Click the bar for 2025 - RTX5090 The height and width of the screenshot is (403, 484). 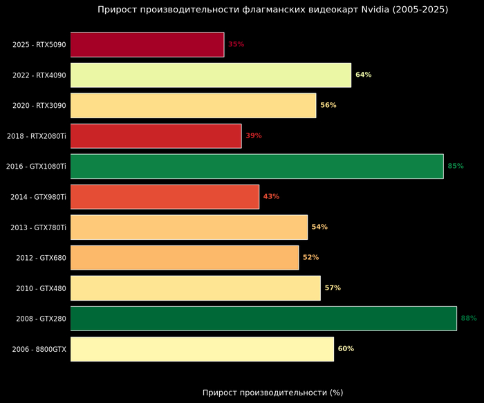pos(147,44)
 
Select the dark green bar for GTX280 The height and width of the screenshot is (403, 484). pos(263,318)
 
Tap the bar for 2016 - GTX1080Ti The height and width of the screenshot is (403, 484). pos(257,166)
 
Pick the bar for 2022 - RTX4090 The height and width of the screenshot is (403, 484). pos(211,75)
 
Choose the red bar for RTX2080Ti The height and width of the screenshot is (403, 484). pos(156,135)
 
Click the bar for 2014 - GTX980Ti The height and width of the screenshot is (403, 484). pos(165,196)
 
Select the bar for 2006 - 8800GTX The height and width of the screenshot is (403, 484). pos(202,348)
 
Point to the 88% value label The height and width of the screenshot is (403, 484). pos(469,318)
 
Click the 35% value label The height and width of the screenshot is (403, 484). pos(236,44)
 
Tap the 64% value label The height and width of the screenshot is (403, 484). pos(364,75)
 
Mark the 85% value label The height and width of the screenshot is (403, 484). pos(456,166)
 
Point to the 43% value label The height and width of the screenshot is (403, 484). pos(271,196)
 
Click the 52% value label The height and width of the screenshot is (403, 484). pos(311,257)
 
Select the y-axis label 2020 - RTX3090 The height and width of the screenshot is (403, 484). pos(39,105)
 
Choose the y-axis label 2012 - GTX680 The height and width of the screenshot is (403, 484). pos(41,257)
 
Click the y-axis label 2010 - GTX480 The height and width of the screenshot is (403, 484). pos(41,288)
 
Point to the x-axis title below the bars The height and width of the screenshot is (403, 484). pos(272,393)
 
